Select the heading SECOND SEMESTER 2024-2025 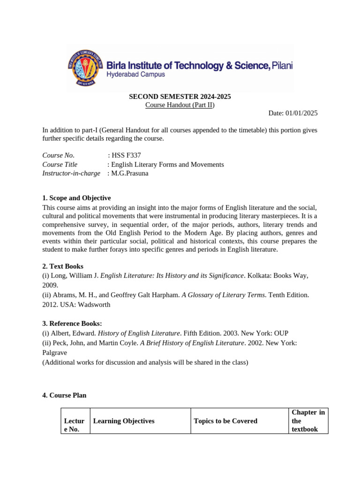(x=180, y=97)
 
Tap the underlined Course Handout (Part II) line (x=180, y=105)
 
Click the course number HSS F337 (x=126, y=156)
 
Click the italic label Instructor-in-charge (x=71, y=173)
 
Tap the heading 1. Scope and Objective (x=76, y=198)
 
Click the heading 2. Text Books (x=63, y=266)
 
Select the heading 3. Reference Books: (x=72, y=323)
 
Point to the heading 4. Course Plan (x=64, y=395)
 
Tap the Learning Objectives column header (x=124, y=421)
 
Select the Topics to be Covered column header (x=225, y=421)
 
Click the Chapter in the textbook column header (x=308, y=420)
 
